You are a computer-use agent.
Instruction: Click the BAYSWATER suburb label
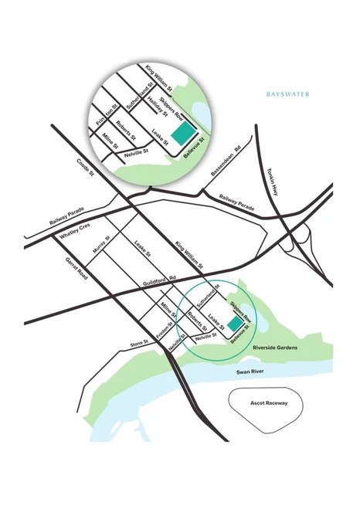[287, 94]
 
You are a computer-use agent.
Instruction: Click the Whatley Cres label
[76, 228]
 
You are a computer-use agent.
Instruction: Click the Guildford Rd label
[163, 282]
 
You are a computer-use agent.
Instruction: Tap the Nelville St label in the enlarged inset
[138, 154]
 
